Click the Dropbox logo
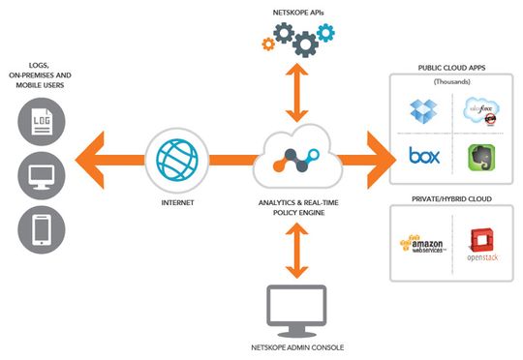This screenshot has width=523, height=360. [x=422, y=113]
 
